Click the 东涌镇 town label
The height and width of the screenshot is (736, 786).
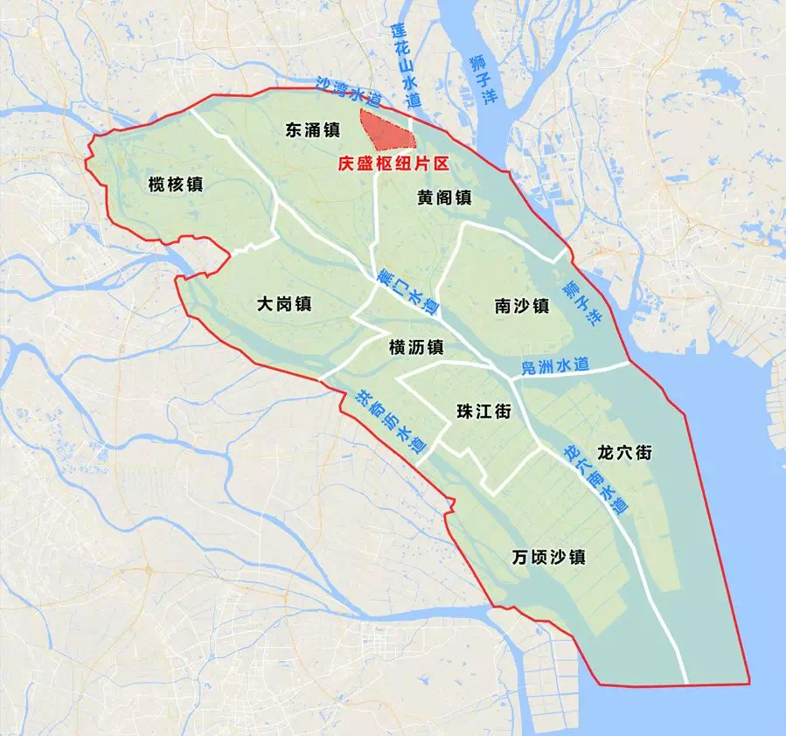312,130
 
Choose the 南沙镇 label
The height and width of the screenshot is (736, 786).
521,306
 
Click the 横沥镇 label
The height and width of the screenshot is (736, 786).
416,347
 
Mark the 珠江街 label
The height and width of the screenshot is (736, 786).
483,412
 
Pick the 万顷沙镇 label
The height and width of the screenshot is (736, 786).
549,557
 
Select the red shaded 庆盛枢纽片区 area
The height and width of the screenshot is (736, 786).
386,131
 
